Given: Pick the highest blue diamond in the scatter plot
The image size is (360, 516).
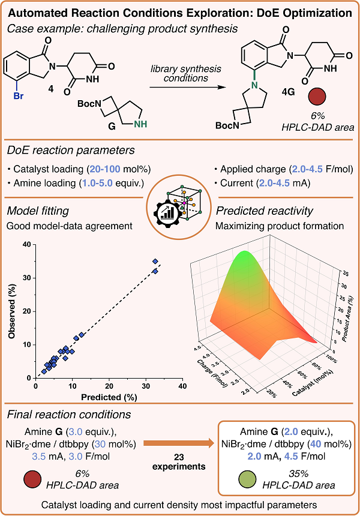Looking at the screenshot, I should point(155,262).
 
